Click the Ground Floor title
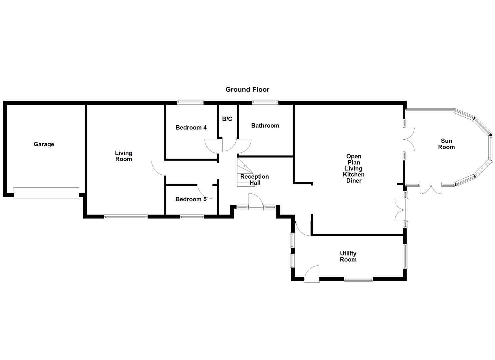pos(247,89)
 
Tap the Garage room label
pos(44,144)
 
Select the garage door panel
pos(46,193)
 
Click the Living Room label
pos(124,156)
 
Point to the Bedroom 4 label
pos(191,127)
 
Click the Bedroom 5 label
pos(191,199)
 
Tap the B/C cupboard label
pos(227,119)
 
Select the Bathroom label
pos(265,126)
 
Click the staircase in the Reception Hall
pos(245,172)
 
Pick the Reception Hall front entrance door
pos(256,203)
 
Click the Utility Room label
pos(348,257)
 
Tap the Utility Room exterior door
pos(312,274)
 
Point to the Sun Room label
pos(446,144)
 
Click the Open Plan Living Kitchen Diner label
pos(354,168)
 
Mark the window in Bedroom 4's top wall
pos(190,102)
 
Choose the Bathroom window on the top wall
pos(265,102)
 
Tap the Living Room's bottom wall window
pos(126,217)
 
